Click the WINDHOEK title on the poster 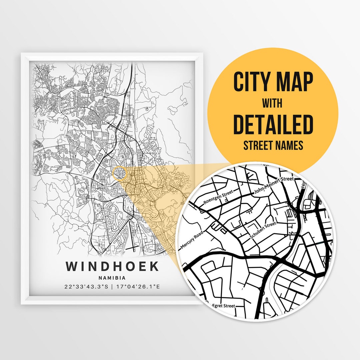coord(112,267)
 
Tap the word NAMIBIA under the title coord(112,277)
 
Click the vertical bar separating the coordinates coord(112,287)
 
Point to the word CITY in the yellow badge coord(251,82)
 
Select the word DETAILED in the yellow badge coord(273,124)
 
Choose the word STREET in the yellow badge coord(259,145)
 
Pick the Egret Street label coord(224,306)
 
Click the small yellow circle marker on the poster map coord(120,174)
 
